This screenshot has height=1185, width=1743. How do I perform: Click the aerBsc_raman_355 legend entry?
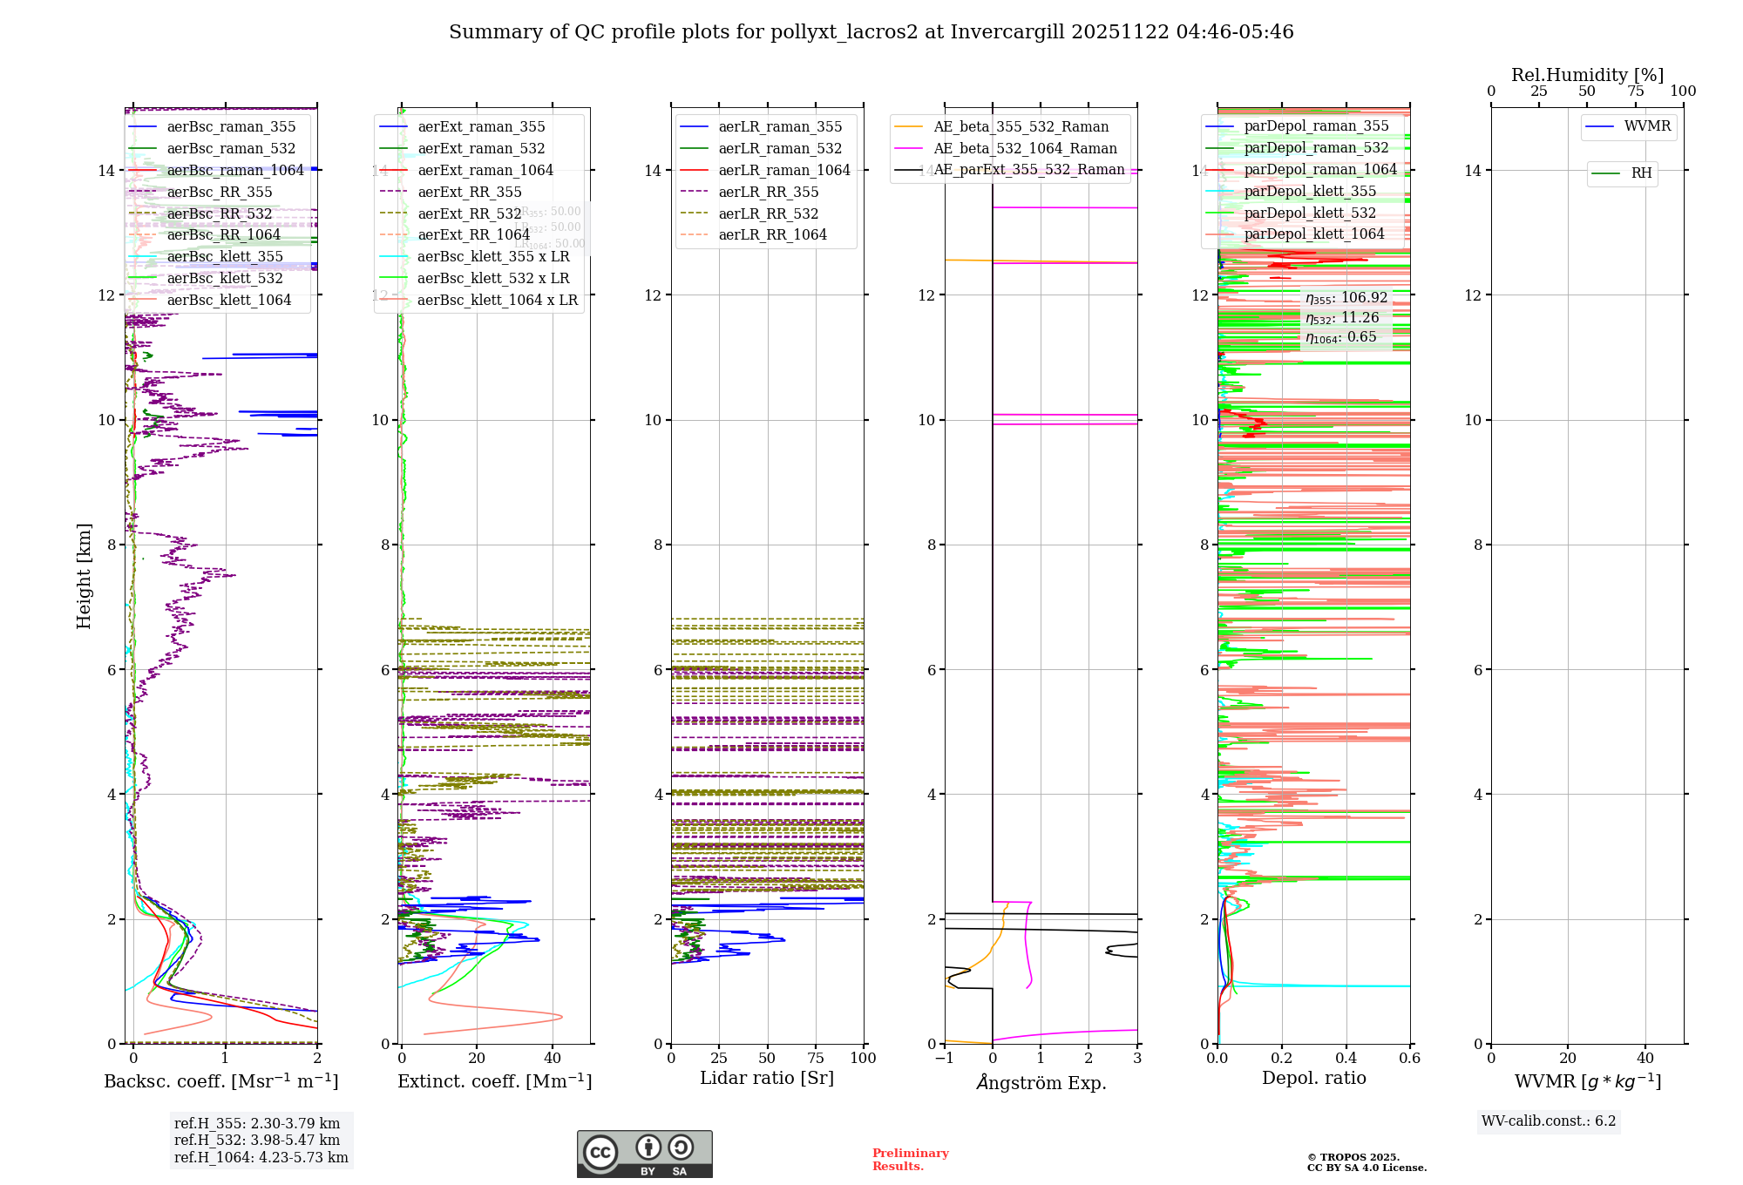(x=231, y=127)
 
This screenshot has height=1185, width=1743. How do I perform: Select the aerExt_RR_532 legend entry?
(x=469, y=213)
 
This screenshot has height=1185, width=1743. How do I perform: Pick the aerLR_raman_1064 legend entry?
(x=783, y=171)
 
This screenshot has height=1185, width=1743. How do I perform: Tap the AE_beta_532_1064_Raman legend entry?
(x=1025, y=149)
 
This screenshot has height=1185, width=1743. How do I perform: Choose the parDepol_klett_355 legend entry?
(x=1310, y=192)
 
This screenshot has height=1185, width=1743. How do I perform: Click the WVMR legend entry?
(x=1647, y=126)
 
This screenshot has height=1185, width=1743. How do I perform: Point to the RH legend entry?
(x=1641, y=173)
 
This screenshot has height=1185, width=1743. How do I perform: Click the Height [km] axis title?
(x=84, y=576)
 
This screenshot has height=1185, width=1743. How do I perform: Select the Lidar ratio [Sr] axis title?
(x=767, y=1079)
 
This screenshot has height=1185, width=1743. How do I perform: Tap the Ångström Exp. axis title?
(x=1041, y=1083)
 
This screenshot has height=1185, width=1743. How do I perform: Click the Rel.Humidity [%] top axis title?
(x=1587, y=75)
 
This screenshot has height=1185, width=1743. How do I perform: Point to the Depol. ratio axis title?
(x=1313, y=1079)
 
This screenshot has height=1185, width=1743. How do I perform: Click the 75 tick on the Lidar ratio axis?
(x=816, y=1059)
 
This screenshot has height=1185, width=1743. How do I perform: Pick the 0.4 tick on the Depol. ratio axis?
(x=1346, y=1059)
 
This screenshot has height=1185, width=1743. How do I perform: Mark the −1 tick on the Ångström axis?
(x=944, y=1059)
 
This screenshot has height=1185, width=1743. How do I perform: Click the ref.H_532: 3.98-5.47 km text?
(x=257, y=1141)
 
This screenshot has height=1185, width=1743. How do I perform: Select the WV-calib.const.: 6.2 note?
(x=1549, y=1121)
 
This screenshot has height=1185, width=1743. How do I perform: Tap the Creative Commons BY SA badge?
(x=644, y=1155)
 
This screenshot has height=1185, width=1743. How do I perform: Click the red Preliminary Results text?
(x=910, y=1160)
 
